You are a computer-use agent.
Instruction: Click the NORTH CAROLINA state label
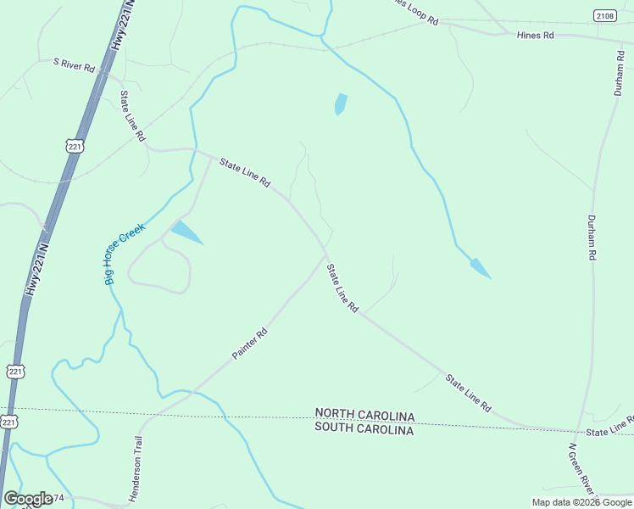[364, 416]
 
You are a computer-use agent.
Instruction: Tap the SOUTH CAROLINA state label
[364, 430]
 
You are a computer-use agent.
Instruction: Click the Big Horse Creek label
[125, 253]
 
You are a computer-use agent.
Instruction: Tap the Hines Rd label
[536, 36]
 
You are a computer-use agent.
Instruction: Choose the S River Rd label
[74, 64]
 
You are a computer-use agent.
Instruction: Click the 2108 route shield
[604, 15]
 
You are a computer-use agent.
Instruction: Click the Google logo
[28, 499]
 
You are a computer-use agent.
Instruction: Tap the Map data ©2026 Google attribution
[581, 502]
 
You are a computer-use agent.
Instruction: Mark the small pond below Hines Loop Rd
[341, 103]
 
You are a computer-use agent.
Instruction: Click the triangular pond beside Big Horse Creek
[186, 232]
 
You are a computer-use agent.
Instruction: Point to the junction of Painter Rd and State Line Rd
[325, 258]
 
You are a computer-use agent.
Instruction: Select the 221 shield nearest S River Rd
[75, 147]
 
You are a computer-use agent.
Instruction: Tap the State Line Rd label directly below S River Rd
[133, 115]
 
